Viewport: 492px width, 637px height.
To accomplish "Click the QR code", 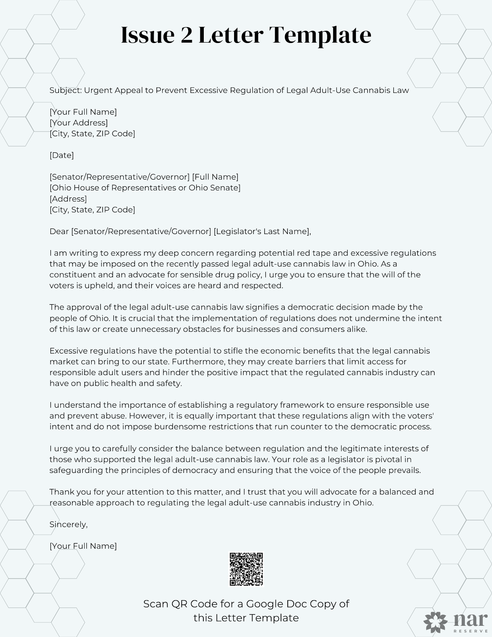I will (246, 569).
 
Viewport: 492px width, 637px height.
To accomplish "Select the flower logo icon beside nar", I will (435, 622).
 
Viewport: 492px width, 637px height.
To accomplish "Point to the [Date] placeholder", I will (62, 155).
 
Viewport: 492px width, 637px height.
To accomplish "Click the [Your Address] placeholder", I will (79, 123).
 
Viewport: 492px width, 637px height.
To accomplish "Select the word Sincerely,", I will (68, 524).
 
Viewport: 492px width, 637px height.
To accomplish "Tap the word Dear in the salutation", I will (59, 231).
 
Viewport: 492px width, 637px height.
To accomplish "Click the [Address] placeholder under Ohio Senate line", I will (68, 199).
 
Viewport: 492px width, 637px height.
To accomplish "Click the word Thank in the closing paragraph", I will (61, 492).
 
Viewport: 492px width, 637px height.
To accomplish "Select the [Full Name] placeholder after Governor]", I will (215, 177).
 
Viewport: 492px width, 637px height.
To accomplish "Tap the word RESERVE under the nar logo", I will (471, 631).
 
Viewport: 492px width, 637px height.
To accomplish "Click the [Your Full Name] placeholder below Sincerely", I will (83, 546).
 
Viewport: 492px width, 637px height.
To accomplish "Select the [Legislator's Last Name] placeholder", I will (262, 231).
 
